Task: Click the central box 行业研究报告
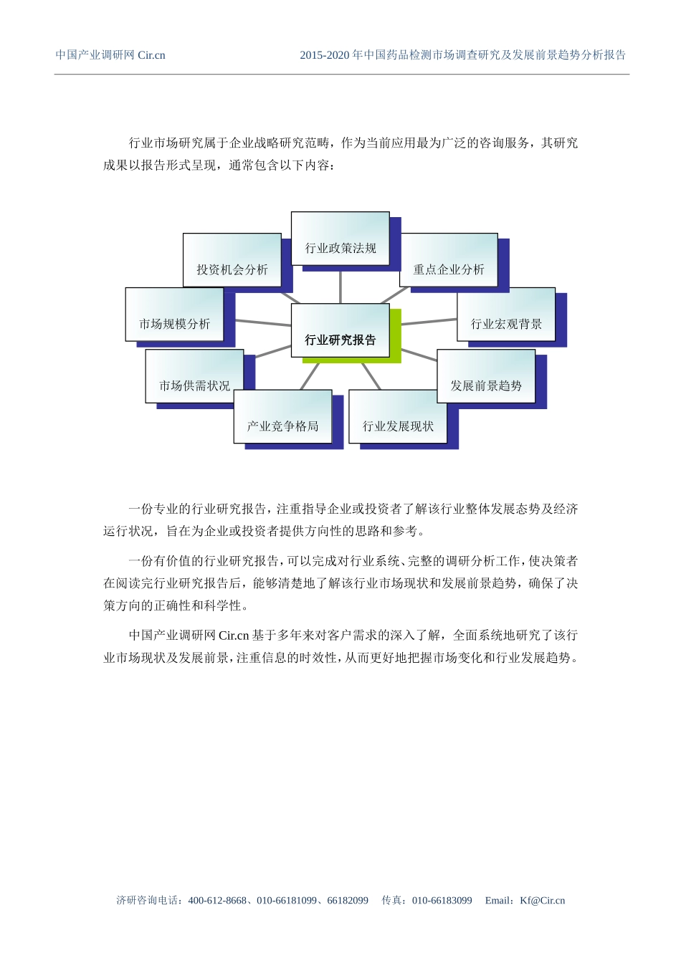(340, 331)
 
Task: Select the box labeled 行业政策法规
(340, 239)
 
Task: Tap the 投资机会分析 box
(232, 261)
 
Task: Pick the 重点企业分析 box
(449, 261)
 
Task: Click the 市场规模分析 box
(175, 315)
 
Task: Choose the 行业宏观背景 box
(506, 315)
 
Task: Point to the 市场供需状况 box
(194, 377)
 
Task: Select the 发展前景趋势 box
(486, 377)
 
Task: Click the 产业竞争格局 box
(282, 417)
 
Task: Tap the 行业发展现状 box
(398, 417)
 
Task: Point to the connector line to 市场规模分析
(262, 323)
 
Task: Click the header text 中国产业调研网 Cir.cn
(110, 55)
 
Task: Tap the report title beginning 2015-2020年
(462, 55)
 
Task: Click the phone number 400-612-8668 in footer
(217, 901)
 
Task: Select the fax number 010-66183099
(442, 901)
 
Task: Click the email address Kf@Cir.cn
(543, 901)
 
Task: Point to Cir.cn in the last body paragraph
(234, 636)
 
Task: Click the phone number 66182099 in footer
(348, 901)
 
